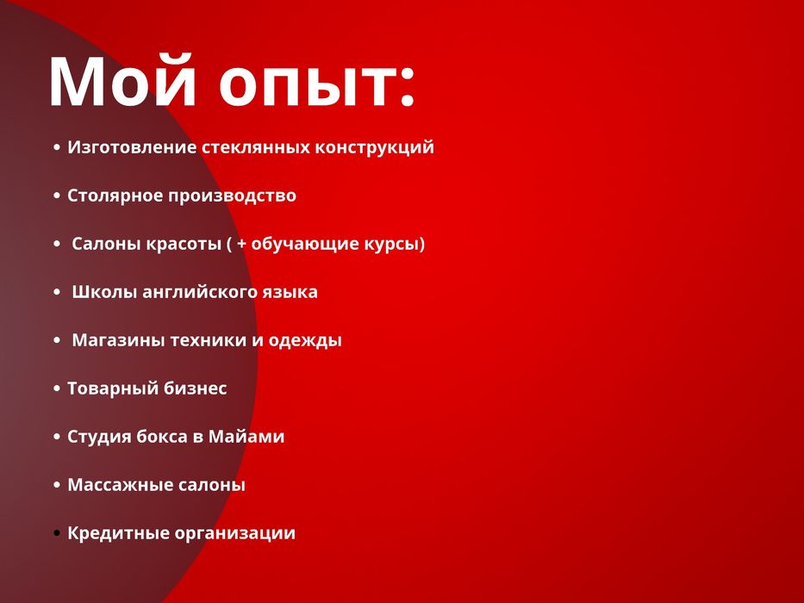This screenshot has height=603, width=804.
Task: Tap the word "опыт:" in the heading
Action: pyautogui.click(x=317, y=84)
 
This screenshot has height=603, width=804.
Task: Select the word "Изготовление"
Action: pyautogui.click(x=132, y=148)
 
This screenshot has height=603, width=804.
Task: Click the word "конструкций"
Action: pyautogui.click(x=373, y=148)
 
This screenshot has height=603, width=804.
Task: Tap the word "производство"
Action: pyautogui.click(x=232, y=196)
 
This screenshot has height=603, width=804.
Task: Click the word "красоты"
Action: pyautogui.click(x=183, y=244)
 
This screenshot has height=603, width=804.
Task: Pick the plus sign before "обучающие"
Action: pyautogui.click(x=242, y=245)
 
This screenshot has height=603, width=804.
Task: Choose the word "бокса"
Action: pyautogui.click(x=160, y=437)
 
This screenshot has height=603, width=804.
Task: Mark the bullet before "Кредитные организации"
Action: pyautogui.click(x=57, y=534)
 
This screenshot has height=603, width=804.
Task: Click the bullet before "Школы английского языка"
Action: pyautogui.click(x=57, y=293)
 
